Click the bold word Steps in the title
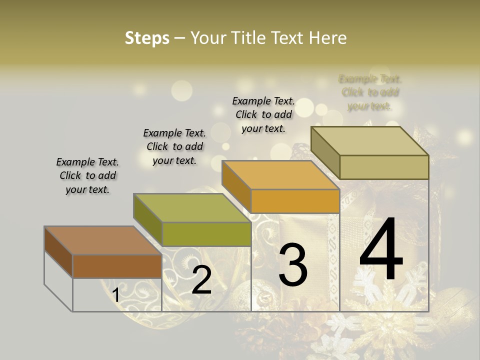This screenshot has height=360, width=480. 147,38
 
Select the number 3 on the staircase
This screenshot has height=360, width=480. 292,264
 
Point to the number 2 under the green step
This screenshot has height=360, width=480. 201,280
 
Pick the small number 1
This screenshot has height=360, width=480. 115,295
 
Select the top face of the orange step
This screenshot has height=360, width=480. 280,175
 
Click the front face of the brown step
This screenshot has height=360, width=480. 117,266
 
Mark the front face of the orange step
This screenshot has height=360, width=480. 295,201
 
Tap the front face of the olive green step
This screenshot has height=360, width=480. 206,234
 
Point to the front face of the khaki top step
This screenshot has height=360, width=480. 383,167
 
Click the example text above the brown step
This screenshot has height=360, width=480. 87,175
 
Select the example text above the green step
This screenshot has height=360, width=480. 174,146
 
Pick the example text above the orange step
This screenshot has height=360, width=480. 263,114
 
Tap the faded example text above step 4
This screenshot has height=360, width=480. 370,92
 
